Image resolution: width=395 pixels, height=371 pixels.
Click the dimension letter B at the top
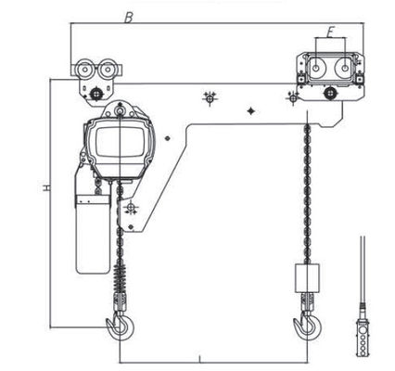pyautogui.click(x=129, y=17)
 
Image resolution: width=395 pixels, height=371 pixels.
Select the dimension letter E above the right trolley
pyautogui.click(x=329, y=32)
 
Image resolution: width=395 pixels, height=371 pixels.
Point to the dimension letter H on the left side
pyautogui.click(x=45, y=188)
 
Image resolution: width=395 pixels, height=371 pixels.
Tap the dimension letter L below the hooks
pyautogui.click(x=200, y=357)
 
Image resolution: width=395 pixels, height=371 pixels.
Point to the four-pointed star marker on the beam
pyautogui.click(x=251, y=111)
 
